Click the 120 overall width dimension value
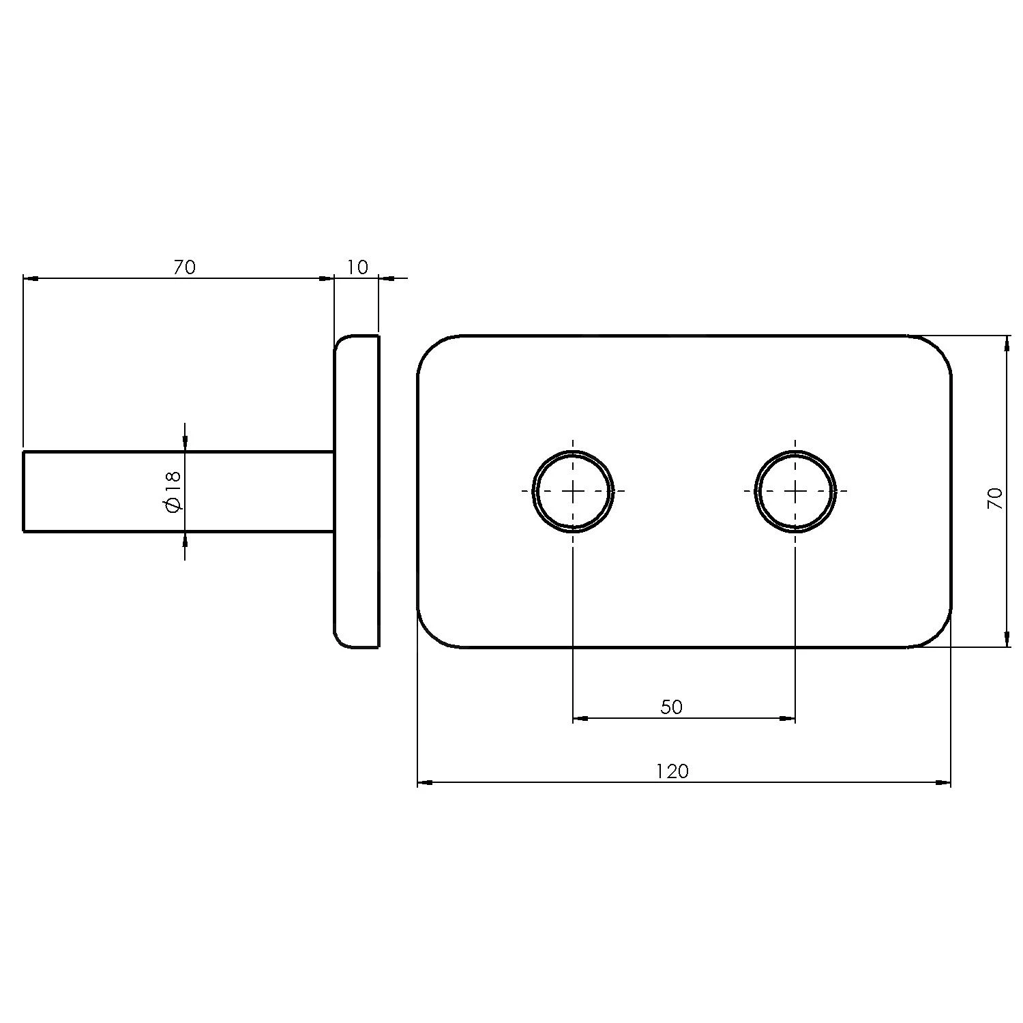point(672,771)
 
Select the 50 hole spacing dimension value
point(671,707)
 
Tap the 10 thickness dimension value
point(357,267)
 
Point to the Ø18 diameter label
point(173,492)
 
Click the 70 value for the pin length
point(184,267)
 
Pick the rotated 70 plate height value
point(995,499)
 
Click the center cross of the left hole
point(573,491)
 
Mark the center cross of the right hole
point(795,491)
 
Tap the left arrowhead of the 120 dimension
point(425,783)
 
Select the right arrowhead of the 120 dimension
point(943,783)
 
